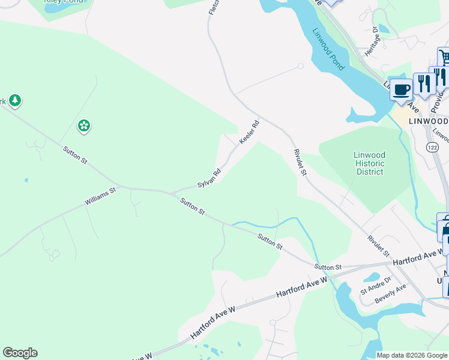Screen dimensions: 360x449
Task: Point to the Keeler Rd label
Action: [x=249, y=133]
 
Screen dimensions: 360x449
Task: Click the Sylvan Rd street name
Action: [x=209, y=178]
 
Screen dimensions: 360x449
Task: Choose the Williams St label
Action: [x=100, y=196]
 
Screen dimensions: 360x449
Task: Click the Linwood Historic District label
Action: [x=369, y=163]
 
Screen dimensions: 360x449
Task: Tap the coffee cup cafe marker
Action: [x=401, y=89]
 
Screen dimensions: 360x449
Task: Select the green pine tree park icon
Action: [x=15, y=100]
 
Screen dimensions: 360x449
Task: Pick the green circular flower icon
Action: [x=84, y=125]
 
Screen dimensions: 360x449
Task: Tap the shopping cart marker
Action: [x=444, y=58]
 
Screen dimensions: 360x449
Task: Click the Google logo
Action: [x=20, y=353]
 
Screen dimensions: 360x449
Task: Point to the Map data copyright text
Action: [x=411, y=355]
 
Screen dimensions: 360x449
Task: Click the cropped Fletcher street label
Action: [x=212, y=7]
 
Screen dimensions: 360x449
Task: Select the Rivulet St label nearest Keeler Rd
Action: [x=300, y=162]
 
